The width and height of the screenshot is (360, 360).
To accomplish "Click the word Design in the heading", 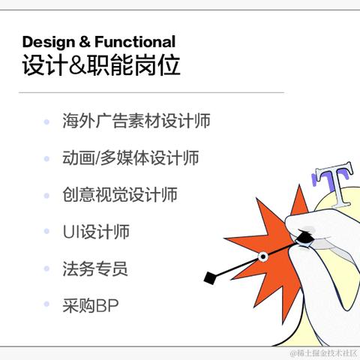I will click(46, 42).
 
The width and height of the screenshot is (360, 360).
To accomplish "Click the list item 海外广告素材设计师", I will click(136, 121).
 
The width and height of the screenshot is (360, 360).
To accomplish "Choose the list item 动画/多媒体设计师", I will click(130, 157).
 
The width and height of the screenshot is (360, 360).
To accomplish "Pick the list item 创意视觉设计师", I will click(120, 194).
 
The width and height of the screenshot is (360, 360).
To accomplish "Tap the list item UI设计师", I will click(96, 232).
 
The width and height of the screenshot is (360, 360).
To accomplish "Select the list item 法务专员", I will click(95, 268).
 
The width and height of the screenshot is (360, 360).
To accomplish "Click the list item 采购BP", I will click(91, 305).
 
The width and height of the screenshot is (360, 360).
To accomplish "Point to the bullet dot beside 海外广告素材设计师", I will click(46, 121).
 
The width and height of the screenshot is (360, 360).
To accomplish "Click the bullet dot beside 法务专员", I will click(46, 268).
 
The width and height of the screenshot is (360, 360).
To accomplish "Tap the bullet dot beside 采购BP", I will click(46, 305).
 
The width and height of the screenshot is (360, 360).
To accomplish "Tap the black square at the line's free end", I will click(209, 278).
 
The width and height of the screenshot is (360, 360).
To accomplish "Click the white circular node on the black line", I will click(262, 256).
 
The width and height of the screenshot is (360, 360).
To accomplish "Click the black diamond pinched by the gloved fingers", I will click(305, 238).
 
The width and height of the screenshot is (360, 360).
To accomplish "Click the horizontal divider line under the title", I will click(150, 93).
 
